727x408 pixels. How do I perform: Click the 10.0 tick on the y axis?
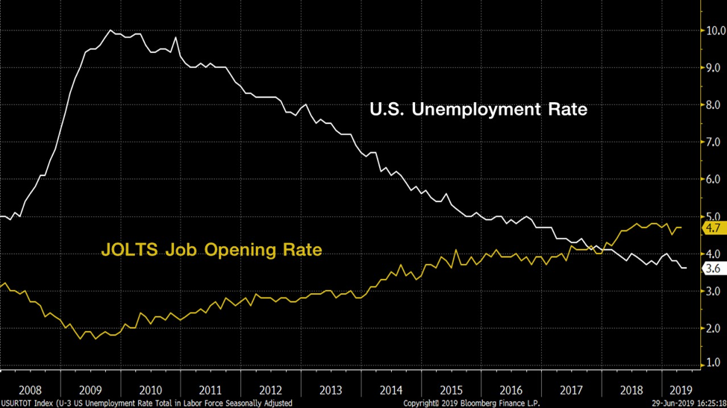(716, 31)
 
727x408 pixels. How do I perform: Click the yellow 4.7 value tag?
(713, 227)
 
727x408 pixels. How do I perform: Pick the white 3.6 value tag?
(713, 269)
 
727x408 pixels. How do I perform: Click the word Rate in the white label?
(565, 110)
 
